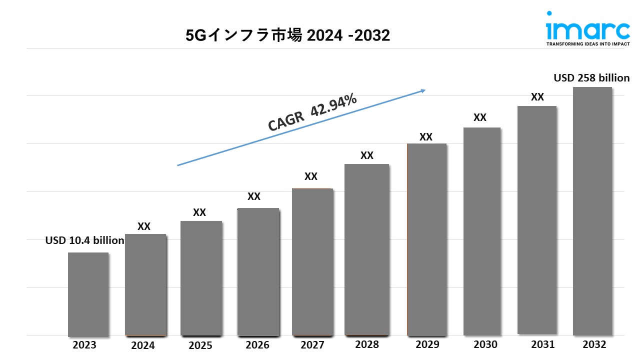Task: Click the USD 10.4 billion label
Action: point(84,240)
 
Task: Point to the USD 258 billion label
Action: point(591,78)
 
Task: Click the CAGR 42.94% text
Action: point(312,112)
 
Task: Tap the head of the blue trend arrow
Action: point(423,90)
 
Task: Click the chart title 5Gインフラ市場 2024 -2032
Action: point(287,35)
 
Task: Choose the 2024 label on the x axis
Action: point(143,345)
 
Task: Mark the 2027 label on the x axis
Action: point(312,345)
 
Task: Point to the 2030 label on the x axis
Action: point(485,344)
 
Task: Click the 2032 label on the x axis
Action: point(594,344)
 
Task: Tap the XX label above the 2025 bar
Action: point(199,212)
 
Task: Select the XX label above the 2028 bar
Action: point(367,155)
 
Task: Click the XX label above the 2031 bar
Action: point(537,97)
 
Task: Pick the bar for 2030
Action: point(482,231)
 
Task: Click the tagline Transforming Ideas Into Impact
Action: point(587,44)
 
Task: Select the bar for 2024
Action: point(145,284)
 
